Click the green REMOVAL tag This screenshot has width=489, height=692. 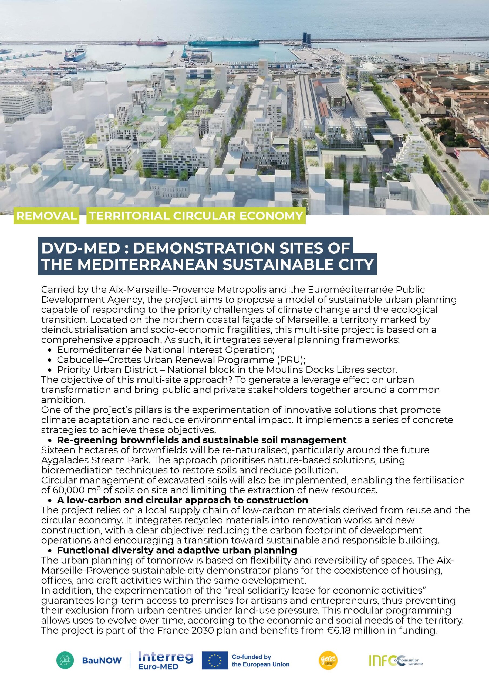[x=46, y=216]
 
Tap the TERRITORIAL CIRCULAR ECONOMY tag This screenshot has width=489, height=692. [x=196, y=216]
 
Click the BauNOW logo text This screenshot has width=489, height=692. [x=102, y=661]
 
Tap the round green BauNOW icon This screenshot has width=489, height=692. [x=65, y=660]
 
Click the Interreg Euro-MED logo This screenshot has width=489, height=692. [x=165, y=660]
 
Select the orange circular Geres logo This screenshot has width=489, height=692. [x=328, y=660]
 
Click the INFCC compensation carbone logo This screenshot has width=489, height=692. [x=396, y=661]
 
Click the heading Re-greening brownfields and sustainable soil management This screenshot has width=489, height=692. [x=202, y=440]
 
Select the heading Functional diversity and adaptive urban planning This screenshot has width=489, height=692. [x=177, y=550]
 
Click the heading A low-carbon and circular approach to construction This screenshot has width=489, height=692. [x=183, y=500]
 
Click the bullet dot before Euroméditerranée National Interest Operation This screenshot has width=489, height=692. [x=50, y=350]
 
